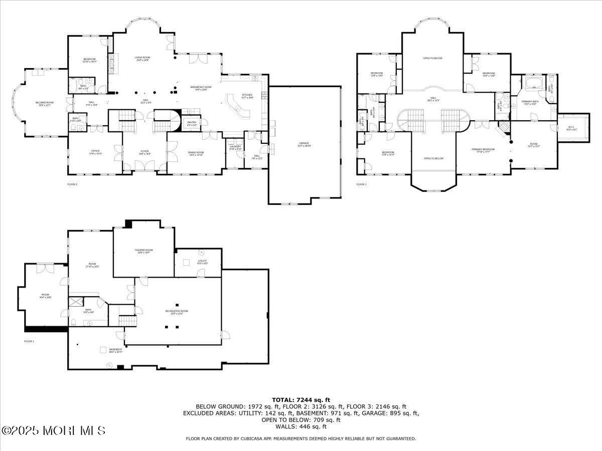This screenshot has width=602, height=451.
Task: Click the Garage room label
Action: click(x=305, y=144)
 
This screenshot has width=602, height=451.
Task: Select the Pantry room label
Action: click(x=192, y=122)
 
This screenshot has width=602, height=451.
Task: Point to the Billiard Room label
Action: click(x=44, y=103)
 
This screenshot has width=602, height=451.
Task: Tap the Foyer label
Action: click(x=145, y=152)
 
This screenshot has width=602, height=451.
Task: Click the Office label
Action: click(x=95, y=152)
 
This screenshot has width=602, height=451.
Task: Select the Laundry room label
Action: click(x=236, y=147)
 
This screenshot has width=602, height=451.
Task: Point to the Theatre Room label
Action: click(x=143, y=251)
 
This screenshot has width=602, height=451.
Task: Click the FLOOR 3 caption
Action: click(x=361, y=184)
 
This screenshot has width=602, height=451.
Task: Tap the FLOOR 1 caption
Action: click(x=29, y=341)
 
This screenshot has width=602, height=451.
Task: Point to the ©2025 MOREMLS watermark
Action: click(x=53, y=430)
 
